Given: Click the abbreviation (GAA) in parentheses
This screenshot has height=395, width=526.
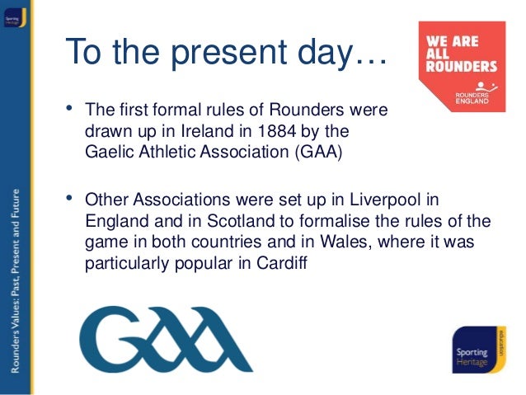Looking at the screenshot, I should (312, 153).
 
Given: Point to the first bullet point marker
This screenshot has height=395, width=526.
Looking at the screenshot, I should (69, 110).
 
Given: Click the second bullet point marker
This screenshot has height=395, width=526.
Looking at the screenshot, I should (69, 200).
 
